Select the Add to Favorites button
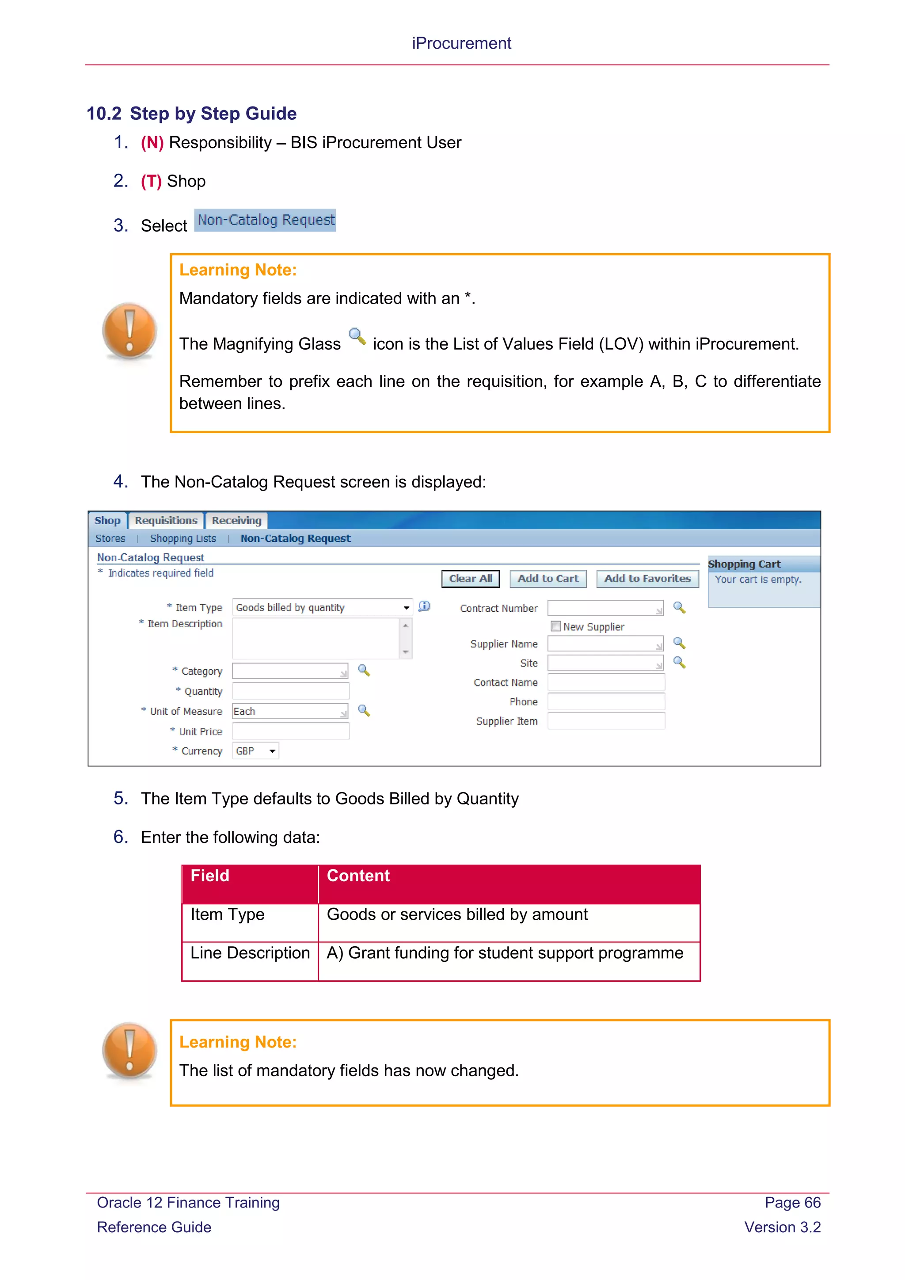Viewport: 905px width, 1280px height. point(647,579)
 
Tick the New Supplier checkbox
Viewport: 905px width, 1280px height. point(555,626)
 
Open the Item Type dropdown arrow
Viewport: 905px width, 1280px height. point(406,608)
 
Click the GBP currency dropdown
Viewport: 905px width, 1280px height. point(256,751)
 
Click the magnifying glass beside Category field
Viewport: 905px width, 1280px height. point(364,670)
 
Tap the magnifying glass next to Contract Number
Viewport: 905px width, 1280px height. point(679,607)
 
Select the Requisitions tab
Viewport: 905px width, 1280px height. point(166,520)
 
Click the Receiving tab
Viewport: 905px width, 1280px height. point(236,520)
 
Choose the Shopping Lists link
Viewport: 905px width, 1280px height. point(183,538)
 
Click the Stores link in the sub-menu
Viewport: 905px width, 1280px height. point(110,538)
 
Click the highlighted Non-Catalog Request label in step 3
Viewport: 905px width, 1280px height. point(265,220)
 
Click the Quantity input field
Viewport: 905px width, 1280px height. point(290,691)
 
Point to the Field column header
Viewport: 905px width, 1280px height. point(210,876)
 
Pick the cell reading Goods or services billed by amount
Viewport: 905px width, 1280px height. point(457,915)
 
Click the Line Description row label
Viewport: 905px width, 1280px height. point(250,953)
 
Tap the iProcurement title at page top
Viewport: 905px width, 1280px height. point(461,43)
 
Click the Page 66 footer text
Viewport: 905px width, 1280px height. point(792,1203)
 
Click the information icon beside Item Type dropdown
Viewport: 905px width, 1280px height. point(424,606)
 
